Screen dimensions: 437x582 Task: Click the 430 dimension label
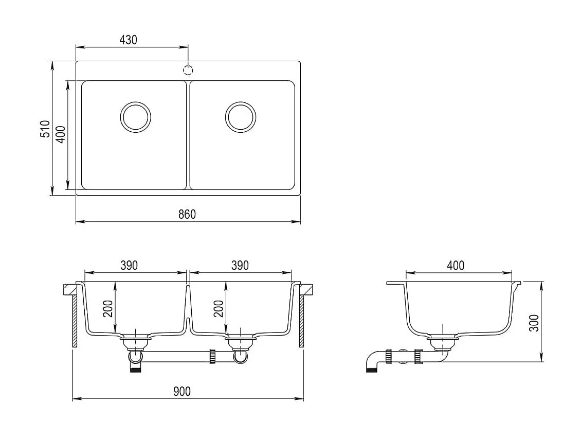click(x=128, y=40)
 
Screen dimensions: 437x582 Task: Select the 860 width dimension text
click(x=187, y=214)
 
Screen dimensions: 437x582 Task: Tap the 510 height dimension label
click(x=45, y=129)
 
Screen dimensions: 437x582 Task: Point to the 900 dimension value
click(x=181, y=391)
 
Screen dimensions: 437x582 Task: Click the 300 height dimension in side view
click(x=535, y=323)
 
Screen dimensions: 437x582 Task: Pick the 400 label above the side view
click(x=456, y=265)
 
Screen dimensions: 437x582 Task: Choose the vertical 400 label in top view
click(x=61, y=134)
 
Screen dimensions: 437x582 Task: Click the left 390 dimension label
click(x=129, y=265)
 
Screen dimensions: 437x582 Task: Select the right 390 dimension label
click(x=240, y=265)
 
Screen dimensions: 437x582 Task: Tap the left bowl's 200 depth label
click(x=108, y=309)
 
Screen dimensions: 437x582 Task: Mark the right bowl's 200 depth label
click(x=219, y=309)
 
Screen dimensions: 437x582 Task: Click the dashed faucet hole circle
click(x=189, y=69)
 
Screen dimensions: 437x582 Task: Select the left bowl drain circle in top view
click(x=136, y=116)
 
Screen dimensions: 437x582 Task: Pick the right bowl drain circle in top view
click(x=240, y=116)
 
